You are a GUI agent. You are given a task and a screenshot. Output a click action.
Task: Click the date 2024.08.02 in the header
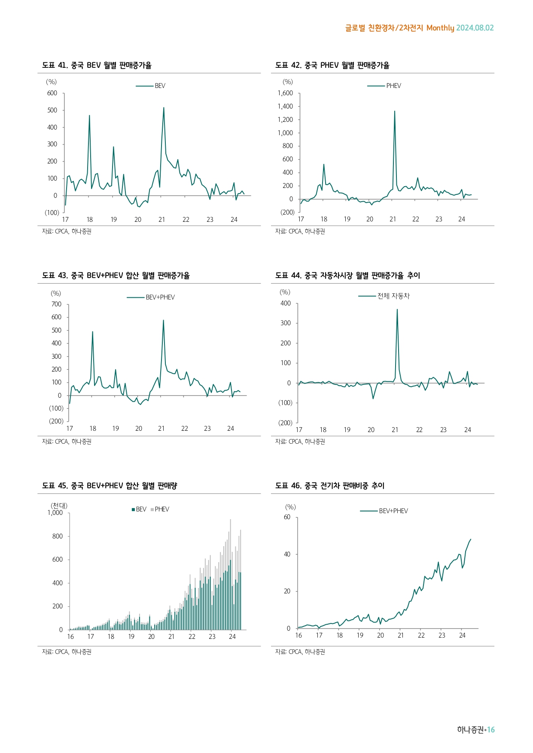(x=475, y=28)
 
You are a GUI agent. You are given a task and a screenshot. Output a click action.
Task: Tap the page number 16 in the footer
(x=491, y=729)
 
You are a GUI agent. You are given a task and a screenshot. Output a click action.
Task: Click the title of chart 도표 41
(x=97, y=65)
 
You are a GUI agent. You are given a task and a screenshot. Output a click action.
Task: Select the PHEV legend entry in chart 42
(x=393, y=86)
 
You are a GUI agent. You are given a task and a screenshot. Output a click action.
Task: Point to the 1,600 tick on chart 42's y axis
(x=285, y=93)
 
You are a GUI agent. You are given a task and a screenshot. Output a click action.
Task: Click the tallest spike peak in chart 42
(x=395, y=111)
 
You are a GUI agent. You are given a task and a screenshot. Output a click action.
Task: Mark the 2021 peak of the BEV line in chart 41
(x=164, y=108)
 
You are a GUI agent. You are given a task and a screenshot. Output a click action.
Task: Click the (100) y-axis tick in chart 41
(x=52, y=212)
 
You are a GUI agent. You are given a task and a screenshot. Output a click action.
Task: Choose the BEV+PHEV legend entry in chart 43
(x=160, y=297)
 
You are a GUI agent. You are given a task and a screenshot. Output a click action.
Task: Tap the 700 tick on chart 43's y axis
(x=56, y=304)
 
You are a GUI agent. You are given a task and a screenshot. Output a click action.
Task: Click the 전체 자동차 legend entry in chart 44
(x=393, y=296)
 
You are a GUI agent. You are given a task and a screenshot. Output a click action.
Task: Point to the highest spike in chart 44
(x=397, y=309)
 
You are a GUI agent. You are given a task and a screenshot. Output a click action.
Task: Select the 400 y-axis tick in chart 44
(x=286, y=303)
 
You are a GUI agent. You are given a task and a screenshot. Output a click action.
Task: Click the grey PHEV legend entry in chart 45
(x=161, y=509)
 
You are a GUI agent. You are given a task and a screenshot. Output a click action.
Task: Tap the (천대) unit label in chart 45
(x=59, y=505)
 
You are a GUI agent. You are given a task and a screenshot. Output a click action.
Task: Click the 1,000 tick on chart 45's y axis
(x=55, y=513)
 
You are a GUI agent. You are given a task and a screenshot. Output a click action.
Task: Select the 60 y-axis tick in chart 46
(x=287, y=517)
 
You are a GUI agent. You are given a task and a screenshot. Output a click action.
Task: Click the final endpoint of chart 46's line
(x=471, y=539)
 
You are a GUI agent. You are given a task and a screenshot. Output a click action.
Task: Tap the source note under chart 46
(x=300, y=652)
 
